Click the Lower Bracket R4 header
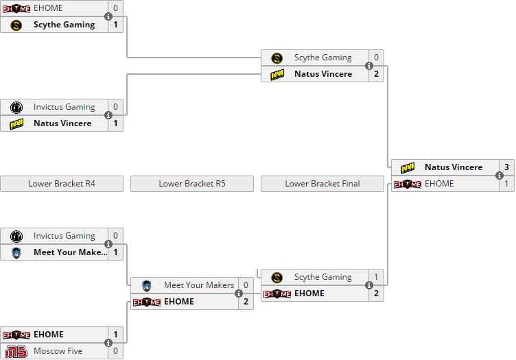click(62, 184)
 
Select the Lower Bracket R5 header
click(192, 184)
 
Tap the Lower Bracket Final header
click(322, 184)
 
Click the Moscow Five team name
click(58, 351)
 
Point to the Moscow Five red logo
click(16, 351)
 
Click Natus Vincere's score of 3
click(507, 167)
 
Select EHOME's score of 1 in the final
click(507, 184)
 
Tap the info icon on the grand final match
click(500, 176)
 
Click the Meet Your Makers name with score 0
click(199, 285)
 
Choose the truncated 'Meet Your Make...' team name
click(71, 252)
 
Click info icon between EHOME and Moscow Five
click(108, 343)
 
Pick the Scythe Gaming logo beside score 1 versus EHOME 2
click(277, 277)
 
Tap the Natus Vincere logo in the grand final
click(408, 168)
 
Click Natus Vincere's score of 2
click(377, 74)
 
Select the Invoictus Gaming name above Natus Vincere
click(64, 106)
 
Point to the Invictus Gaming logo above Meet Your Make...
click(16, 236)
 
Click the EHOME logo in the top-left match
click(16, 8)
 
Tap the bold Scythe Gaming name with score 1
click(64, 25)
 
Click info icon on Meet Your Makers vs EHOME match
click(239, 293)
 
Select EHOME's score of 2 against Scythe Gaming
click(377, 293)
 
